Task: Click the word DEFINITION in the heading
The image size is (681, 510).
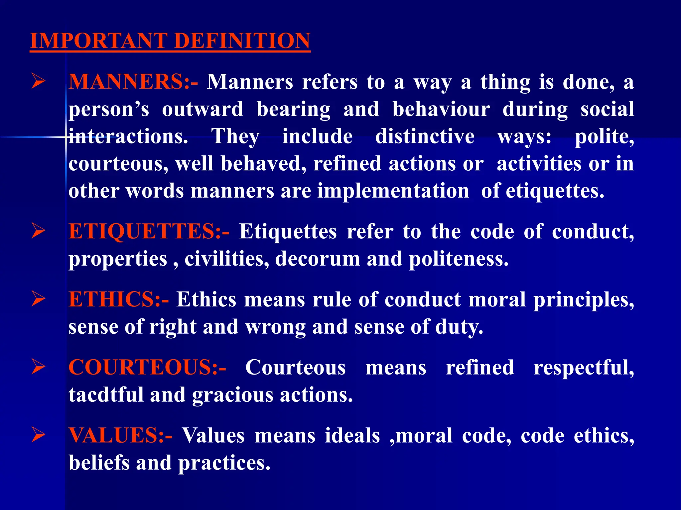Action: coord(242,41)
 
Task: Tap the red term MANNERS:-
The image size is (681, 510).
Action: coord(133,82)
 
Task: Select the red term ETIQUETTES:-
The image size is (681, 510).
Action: coord(149,231)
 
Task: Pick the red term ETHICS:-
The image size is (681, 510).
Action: coord(119,299)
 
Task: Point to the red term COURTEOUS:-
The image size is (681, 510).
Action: coord(147,368)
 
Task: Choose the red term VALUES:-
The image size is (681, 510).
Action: coord(120,435)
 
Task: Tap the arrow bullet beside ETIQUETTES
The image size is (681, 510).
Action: coord(38,231)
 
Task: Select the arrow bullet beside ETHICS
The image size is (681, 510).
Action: coord(38,299)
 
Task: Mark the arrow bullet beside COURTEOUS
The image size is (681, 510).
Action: coord(38,367)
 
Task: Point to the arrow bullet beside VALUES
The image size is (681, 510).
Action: coord(38,435)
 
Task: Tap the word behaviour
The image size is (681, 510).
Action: coord(441,110)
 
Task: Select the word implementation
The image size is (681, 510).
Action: coord(393,191)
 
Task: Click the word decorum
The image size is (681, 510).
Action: coord(318,259)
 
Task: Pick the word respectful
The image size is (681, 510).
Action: coord(584,368)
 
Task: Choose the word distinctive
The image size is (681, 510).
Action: coord(425,137)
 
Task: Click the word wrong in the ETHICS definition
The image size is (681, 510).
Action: coord(275,327)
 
